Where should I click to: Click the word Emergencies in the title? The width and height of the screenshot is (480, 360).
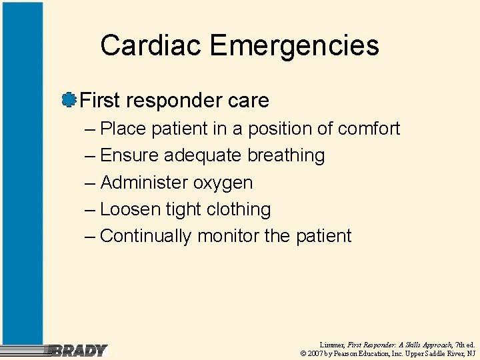coord(294,45)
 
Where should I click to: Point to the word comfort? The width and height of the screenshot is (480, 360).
coord(369,128)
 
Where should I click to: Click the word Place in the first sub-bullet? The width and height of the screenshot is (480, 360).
coord(123,128)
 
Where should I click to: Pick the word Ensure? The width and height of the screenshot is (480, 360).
coord(129,155)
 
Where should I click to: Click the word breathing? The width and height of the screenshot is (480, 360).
coord(286,155)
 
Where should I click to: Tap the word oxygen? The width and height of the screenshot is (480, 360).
coord(223,183)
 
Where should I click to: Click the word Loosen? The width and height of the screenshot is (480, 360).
coord(131,209)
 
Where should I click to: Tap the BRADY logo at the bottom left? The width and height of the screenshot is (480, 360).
coord(79,350)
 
